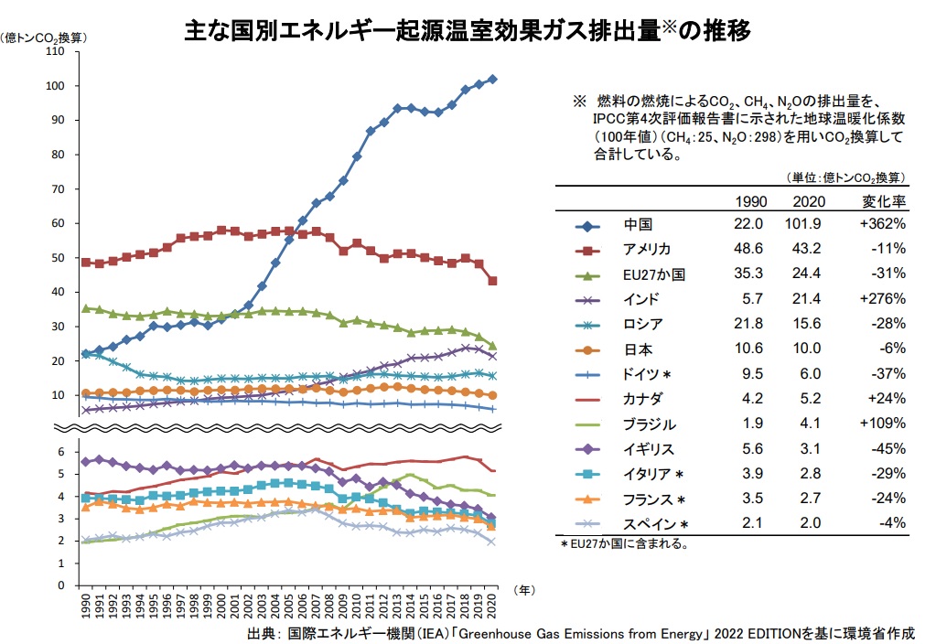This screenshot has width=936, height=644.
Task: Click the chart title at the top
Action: coord(468,30)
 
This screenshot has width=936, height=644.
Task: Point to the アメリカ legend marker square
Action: coord(586,249)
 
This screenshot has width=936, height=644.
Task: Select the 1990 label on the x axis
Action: coord(85,606)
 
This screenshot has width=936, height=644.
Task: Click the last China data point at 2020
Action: coord(493,80)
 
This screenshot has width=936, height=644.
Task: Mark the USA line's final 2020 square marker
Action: coord(493,281)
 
